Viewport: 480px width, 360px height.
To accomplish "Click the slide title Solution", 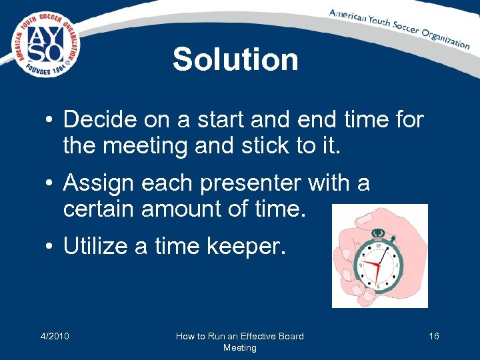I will click(x=235, y=59).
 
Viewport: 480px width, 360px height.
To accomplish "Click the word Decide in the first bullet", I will click(x=101, y=120).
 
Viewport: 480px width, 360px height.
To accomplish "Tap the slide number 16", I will click(x=433, y=336).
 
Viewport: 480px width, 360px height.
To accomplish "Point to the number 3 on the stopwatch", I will click(x=397, y=265).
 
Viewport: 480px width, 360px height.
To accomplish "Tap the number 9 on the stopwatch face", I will click(x=361, y=265).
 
